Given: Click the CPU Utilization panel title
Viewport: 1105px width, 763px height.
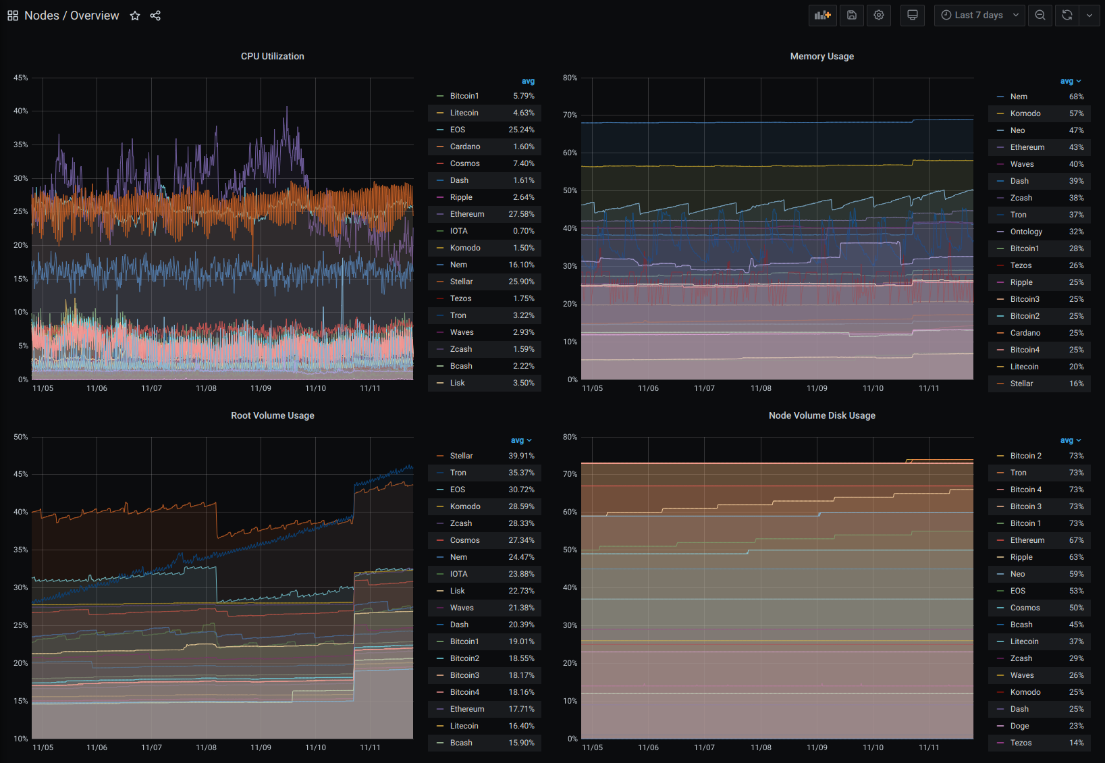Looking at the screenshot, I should (x=272, y=56).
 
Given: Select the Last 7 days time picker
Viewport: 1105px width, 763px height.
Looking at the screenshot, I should (x=979, y=15).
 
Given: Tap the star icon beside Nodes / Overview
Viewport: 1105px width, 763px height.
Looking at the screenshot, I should (x=135, y=16).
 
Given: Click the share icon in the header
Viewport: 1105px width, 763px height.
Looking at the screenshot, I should (x=155, y=16).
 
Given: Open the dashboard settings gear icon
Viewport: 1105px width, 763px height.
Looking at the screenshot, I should (x=878, y=15).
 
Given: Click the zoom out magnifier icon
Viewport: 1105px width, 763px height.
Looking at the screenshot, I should (x=1040, y=15).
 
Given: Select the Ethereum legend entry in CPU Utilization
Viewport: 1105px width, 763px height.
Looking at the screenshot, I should (x=466, y=214).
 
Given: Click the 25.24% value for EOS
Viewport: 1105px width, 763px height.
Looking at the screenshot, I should (x=521, y=130).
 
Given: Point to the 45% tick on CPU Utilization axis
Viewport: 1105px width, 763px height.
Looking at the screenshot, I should (x=21, y=78).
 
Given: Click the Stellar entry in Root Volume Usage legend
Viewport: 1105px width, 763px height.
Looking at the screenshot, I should (x=461, y=456).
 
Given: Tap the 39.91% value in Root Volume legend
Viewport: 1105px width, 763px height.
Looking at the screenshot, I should (x=521, y=456).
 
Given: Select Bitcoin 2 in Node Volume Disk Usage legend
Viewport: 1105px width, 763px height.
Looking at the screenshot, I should (x=1025, y=456).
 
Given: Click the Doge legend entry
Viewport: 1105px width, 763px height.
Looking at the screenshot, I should (x=1019, y=726).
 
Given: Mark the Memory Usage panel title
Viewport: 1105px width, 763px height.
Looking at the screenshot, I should (x=821, y=56).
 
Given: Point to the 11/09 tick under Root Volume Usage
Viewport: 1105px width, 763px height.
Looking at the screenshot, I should (x=261, y=747).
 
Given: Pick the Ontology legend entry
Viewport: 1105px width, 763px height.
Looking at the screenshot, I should (x=1025, y=232).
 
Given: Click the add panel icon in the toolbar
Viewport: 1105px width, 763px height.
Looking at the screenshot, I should (x=822, y=15).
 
